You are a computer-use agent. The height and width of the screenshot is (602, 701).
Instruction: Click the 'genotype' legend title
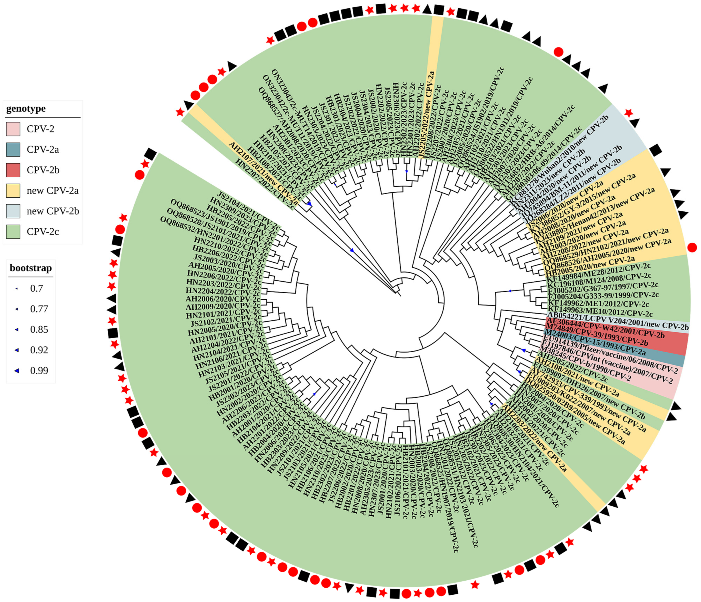point(26,109)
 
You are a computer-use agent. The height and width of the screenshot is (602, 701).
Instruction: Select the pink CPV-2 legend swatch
point(13,129)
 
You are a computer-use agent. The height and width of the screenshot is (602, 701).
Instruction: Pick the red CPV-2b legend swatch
point(13,170)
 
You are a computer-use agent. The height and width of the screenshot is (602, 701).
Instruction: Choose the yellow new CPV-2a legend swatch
point(13,190)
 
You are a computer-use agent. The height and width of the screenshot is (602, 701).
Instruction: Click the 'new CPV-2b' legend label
point(53,211)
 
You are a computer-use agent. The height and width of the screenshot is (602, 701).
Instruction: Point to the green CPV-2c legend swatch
point(13,232)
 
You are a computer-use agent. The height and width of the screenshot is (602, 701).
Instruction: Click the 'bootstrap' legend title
point(31,268)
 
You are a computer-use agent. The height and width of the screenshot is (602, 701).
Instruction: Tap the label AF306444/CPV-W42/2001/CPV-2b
point(606,328)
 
